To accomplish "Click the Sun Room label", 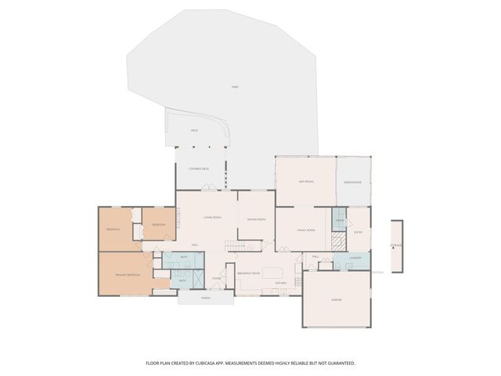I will [305, 182].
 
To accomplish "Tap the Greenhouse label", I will [353, 183].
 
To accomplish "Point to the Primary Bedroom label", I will [128, 275].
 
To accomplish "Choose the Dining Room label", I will [257, 219].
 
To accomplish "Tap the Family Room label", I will [305, 230].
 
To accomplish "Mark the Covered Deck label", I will [199, 169].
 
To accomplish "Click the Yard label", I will [235, 86].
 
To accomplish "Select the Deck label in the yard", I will [194, 130].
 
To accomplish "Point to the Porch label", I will [206, 298].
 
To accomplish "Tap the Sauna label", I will [339, 222].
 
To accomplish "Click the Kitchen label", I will [280, 282].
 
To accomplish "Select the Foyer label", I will [216, 277].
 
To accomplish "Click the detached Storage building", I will [396, 244].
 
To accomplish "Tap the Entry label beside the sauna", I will [358, 232].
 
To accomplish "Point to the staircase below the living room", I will [232, 247].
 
